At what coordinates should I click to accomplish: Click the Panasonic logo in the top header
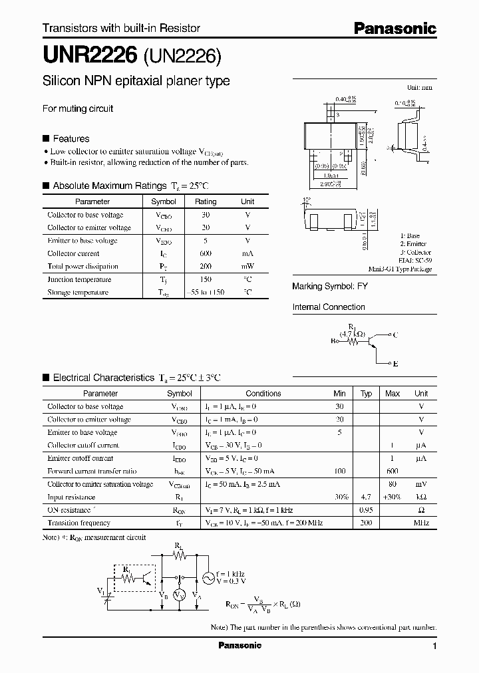[395, 29]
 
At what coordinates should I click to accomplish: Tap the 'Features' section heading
[71, 139]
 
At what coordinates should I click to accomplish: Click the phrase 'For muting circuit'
[78, 108]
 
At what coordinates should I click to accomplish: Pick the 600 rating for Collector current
[206, 253]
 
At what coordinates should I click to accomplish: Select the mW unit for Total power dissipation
[247, 266]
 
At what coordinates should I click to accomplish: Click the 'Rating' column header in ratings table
[206, 202]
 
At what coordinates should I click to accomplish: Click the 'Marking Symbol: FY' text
[330, 286]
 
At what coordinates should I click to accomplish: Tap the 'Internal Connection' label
[329, 307]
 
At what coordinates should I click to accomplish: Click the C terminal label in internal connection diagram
[395, 336]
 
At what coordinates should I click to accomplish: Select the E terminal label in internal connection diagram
[395, 364]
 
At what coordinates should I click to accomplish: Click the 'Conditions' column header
[263, 394]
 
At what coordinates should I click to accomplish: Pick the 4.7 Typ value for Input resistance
[366, 497]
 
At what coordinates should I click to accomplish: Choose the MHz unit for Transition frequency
[421, 523]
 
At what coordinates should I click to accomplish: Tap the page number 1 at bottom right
[434, 646]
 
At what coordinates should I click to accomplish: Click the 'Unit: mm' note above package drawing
[419, 88]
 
